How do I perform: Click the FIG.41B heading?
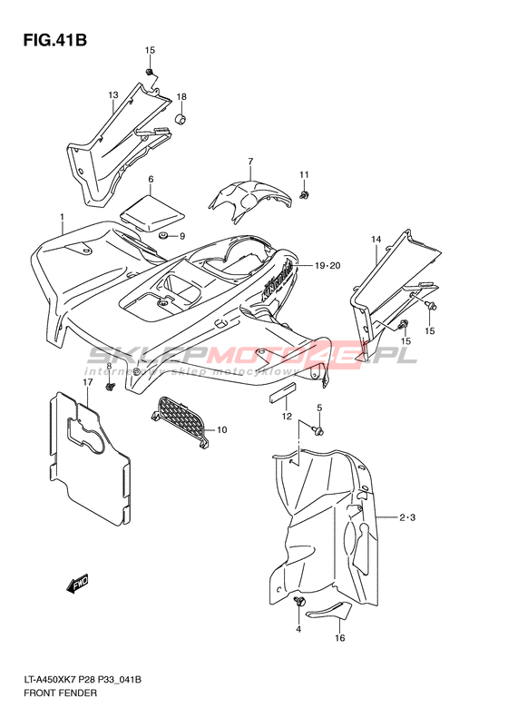click(55, 40)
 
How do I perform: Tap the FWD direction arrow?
click(77, 584)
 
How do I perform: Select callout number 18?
click(181, 96)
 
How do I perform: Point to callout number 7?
click(250, 162)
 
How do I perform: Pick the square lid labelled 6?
click(151, 212)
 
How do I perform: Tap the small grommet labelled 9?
click(161, 236)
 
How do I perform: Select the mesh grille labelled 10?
click(180, 421)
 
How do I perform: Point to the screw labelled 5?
click(317, 429)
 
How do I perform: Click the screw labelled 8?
click(110, 387)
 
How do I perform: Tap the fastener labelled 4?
click(298, 603)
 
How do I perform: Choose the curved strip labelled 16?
click(328, 611)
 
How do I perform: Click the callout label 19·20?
click(327, 266)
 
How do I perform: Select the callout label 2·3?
click(407, 518)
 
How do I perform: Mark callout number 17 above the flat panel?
click(88, 382)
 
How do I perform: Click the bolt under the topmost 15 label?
click(149, 72)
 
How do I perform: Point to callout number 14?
click(376, 240)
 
